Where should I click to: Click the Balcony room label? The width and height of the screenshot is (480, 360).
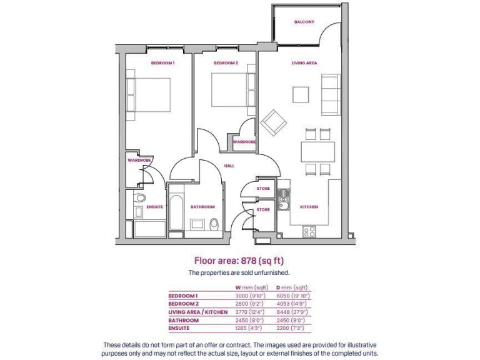click(x=304, y=22)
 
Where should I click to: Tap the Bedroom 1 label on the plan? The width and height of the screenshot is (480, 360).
click(x=162, y=63)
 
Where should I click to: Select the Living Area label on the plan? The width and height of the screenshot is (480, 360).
click(x=304, y=63)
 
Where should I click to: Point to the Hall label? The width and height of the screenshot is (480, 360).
click(x=229, y=166)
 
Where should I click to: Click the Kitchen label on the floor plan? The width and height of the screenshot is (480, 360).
click(x=309, y=207)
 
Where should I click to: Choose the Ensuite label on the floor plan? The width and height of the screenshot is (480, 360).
click(x=154, y=207)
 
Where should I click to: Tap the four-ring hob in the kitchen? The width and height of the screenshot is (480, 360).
click(x=309, y=231)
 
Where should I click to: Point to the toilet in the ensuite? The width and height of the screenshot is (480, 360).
click(x=139, y=199)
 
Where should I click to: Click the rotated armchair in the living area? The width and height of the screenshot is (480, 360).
click(x=273, y=122)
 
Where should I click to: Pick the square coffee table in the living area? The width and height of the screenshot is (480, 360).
click(x=301, y=94)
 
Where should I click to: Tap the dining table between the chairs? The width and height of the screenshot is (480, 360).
click(x=317, y=152)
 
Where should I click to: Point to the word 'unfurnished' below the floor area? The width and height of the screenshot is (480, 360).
click(x=274, y=273)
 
